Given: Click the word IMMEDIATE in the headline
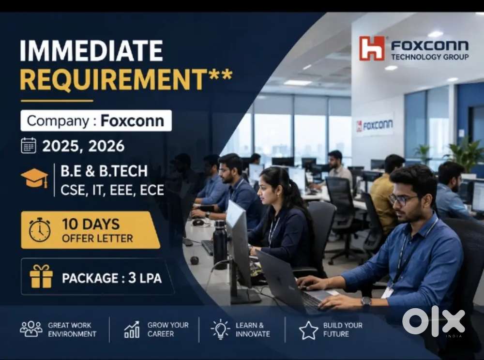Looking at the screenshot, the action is [91, 51].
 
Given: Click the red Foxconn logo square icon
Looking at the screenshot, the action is [372, 48].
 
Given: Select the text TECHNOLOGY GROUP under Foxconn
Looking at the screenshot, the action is [430, 57].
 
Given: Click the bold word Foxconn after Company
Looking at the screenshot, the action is [132, 120].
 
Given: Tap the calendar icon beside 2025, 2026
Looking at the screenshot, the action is [29, 146].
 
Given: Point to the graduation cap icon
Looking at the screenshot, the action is [34, 178].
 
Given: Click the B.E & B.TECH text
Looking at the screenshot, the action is [104, 171].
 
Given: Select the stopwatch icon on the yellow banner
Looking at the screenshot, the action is [40, 230].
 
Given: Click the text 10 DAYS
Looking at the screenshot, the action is [91, 224].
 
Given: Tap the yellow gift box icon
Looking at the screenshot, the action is [41, 276].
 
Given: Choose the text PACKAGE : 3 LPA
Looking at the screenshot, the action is [112, 278].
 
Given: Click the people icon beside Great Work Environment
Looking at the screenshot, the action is [31, 329].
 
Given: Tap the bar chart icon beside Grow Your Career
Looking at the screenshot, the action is [132, 330].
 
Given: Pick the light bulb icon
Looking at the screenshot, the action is [220, 329].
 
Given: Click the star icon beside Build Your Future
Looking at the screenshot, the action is [309, 330].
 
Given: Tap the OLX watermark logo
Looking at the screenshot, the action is [434, 323].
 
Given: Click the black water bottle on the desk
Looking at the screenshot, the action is [220, 244].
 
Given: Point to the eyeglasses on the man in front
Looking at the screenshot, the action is [402, 199].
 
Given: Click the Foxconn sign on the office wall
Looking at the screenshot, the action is [375, 125].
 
